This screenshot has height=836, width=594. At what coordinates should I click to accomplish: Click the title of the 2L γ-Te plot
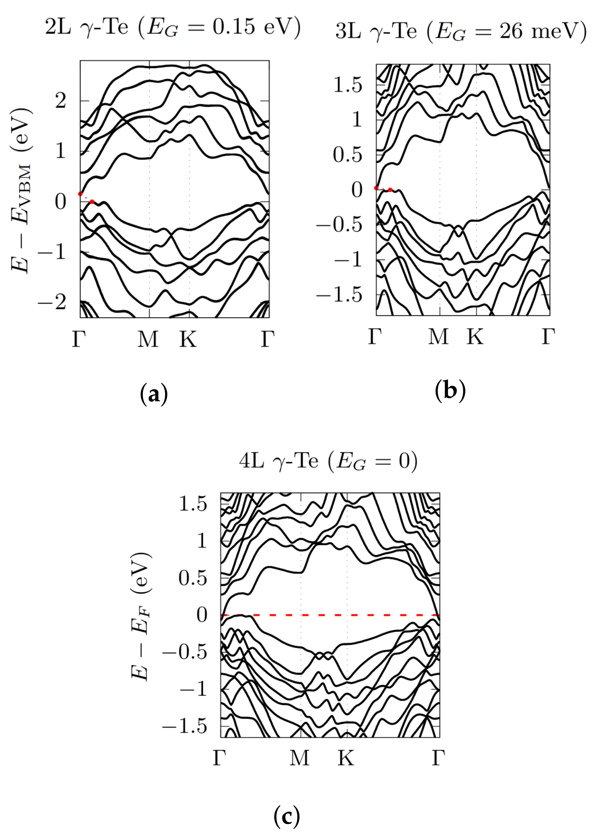point(173,27)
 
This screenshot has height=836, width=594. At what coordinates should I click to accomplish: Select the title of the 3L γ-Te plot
point(461,31)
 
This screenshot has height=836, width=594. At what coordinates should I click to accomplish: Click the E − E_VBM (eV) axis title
point(21,190)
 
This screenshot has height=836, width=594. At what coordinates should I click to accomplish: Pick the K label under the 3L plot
point(475,336)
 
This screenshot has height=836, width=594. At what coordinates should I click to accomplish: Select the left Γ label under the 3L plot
point(375,336)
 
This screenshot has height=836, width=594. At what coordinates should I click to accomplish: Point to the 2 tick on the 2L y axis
point(61,101)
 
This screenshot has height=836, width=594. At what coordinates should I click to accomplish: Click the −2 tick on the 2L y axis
point(52,302)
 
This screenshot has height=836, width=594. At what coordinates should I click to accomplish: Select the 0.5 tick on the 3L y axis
point(347,155)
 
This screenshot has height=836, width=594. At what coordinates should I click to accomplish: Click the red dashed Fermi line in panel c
point(329,615)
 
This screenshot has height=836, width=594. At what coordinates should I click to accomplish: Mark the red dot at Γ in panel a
point(81,194)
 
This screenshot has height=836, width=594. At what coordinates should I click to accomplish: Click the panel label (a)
point(154,393)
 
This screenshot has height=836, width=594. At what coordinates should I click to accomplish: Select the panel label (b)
point(450,390)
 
